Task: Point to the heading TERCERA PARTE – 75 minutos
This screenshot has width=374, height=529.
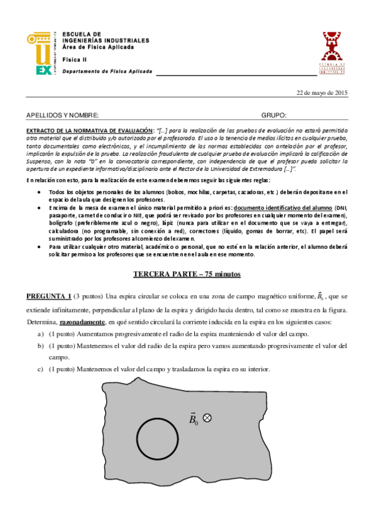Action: pos(187,274)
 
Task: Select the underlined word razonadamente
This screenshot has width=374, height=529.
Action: pos(82,322)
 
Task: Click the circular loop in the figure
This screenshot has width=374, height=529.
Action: pos(157,437)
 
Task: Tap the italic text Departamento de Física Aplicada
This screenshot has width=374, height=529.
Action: pos(107,71)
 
